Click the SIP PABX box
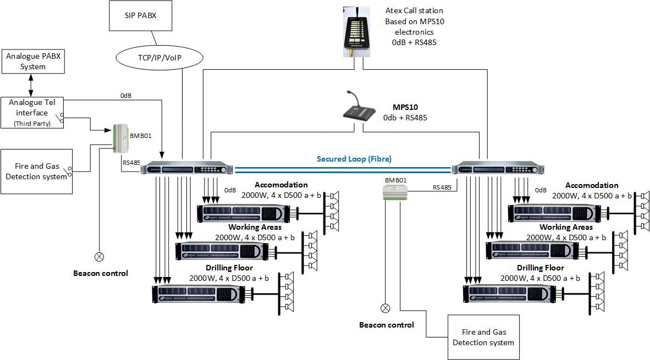click(141, 16)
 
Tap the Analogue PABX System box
click(32, 62)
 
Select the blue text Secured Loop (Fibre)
click(354, 159)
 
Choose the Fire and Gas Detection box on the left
click(36, 171)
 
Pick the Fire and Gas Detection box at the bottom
click(483, 337)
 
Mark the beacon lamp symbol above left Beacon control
click(100, 256)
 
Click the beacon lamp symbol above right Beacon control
click(385, 308)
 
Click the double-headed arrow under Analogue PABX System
click(30, 86)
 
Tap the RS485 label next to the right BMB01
click(442, 187)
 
